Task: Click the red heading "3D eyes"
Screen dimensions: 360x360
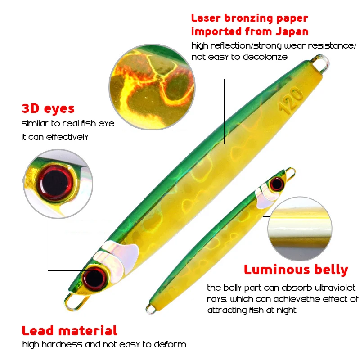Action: [48, 108]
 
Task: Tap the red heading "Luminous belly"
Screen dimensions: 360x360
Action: [296, 270]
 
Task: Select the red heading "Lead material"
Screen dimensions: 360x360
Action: [70, 331]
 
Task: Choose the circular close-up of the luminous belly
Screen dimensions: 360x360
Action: [300, 229]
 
